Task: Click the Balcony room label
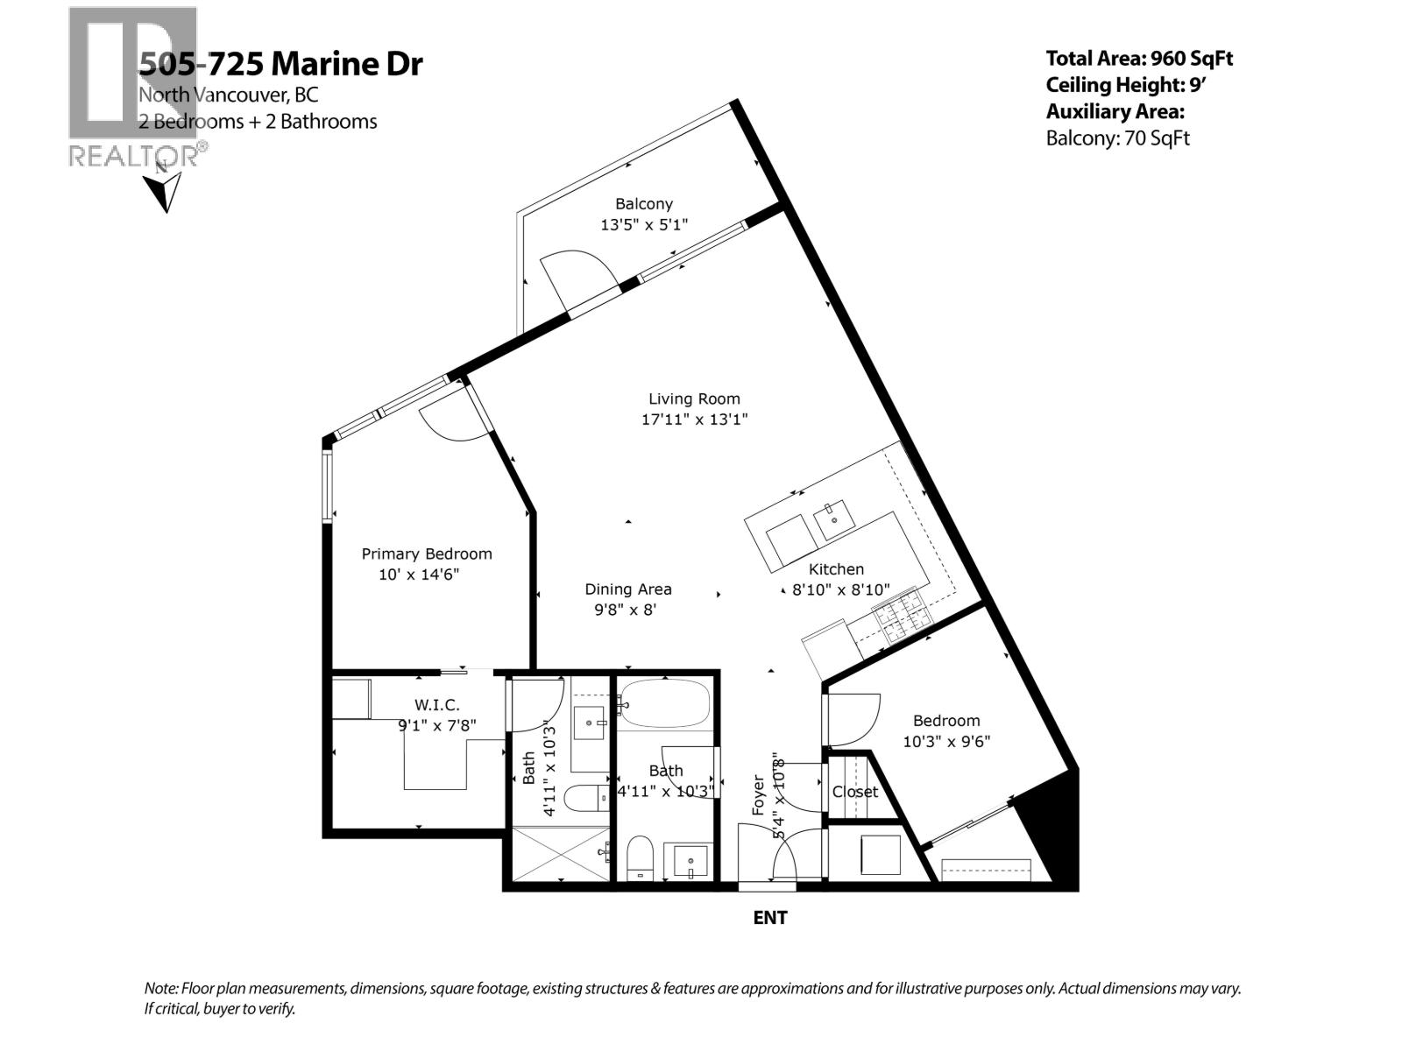tap(643, 204)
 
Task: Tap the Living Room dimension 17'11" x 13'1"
tap(694, 420)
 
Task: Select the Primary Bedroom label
tap(427, 554)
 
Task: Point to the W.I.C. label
tap(436, 704)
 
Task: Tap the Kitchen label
tap(836, 569)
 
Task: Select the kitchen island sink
tap(833, 520)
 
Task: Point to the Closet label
tap(854, 792)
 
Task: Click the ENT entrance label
tap(770, 918)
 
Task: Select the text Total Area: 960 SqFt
tap(1139, 59)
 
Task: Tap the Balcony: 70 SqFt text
tap(1117, 138)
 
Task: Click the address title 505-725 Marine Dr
tap(280, 64)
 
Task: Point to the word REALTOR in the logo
tap(131, 156)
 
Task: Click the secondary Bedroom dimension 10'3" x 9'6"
tap(946, 741)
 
